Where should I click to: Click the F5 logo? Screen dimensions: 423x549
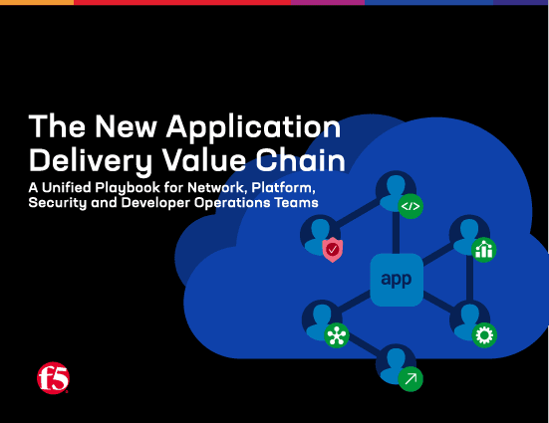click(52, 377)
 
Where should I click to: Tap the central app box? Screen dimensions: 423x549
click(396, 280)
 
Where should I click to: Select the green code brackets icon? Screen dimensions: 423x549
click(410, 206)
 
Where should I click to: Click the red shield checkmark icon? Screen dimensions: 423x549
click(332, 249)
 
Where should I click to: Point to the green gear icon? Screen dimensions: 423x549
click(486, 335)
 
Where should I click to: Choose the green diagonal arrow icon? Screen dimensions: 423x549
click(410, 378)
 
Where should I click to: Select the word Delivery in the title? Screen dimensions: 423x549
click(86, 159)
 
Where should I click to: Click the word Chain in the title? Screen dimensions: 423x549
click(303, 159)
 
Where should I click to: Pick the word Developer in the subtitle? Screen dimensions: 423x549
click(174, 203)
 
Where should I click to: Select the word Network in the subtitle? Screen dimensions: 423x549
click(223, 187)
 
